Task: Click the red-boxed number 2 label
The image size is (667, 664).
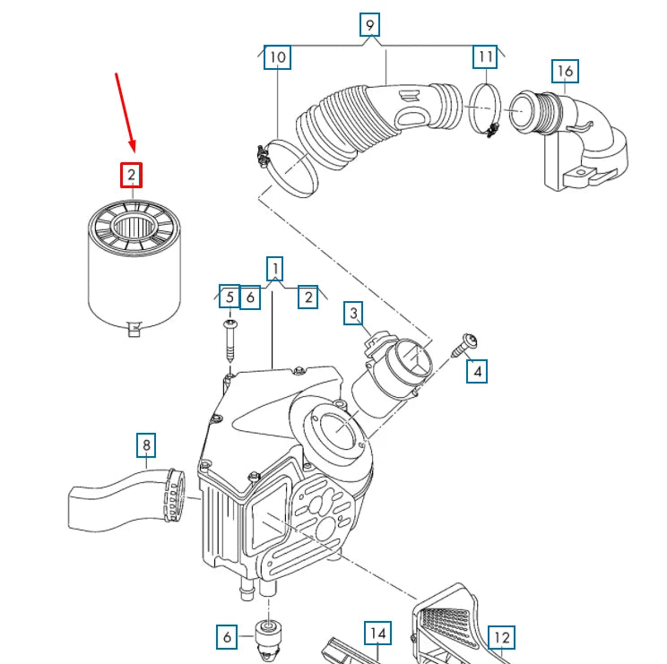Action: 132,175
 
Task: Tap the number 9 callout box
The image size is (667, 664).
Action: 369,24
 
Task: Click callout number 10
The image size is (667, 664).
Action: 278,58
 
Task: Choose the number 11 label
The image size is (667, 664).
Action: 485,57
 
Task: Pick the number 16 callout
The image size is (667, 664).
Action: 565,71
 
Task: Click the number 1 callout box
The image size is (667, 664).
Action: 275,267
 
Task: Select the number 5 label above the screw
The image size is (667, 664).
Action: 230,297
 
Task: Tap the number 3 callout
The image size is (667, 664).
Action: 355,313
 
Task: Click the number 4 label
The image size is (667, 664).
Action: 477,371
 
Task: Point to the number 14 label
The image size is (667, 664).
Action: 377,634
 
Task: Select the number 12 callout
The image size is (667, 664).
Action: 501,638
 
